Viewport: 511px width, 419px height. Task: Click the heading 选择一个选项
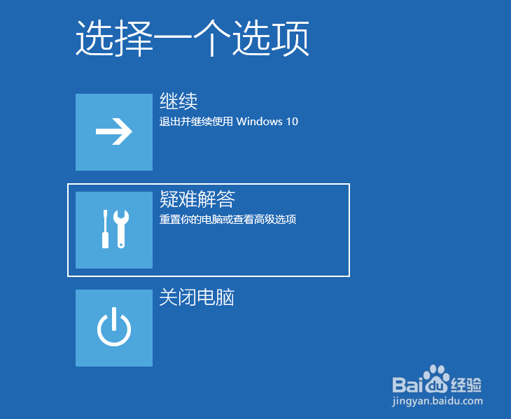[192, 39]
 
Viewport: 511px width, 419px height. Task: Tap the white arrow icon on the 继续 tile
[114, 132]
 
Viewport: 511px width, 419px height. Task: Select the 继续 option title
[178, 101]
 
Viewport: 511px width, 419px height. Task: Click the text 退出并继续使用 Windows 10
[229, 122]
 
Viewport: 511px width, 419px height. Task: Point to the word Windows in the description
[259, 122]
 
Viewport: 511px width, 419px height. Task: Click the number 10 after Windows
[292, 122]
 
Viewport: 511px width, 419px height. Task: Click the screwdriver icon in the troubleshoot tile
[105, 229]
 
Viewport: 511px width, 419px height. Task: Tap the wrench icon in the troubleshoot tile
[121, 229]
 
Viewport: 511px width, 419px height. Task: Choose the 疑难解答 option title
[197, 200]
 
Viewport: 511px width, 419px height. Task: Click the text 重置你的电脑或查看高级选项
[228, 220]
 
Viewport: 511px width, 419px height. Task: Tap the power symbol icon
[114, 328]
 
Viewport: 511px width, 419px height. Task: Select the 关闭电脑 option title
[197, 297]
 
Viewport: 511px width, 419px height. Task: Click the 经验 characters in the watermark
[467, 384]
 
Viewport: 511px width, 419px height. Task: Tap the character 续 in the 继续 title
[188, 101]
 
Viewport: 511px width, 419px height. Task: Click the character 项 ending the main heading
[292, 39]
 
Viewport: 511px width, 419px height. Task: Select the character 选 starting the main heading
[92, 39]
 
